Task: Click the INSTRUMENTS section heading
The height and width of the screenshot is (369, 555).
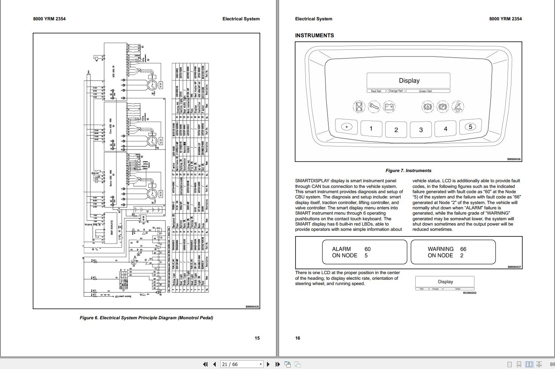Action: click(x=314, y=35)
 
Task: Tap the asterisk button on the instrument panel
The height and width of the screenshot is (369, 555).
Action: click(x=347, y=127)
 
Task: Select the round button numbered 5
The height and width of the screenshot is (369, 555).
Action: click(x=470, y=127)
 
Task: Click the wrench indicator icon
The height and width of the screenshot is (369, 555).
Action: click(x=374, y=107)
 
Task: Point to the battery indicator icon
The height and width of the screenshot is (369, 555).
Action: click(x=389, y=107)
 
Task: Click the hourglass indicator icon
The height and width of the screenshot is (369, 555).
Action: click(x=359, y=107)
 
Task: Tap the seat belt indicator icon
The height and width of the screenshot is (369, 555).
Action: click(x=457, y=107)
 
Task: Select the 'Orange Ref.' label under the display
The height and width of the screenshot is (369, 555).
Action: click(x=395, y=91)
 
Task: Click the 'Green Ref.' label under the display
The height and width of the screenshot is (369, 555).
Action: click(x=425, y=91)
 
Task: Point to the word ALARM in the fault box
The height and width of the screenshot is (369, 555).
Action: click(x=341, y=249)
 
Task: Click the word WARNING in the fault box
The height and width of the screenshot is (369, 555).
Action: click(x=441, y=249)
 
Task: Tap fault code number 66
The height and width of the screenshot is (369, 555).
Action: click(x=463, y=249)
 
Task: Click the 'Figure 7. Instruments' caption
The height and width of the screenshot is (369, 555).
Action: click(x=408, y=171)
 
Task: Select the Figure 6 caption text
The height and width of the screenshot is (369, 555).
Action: click(x=146, y=318)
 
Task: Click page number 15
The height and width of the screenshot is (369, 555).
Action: click(x=257, y=338)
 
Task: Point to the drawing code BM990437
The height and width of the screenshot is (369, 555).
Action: click(x=514, y=267)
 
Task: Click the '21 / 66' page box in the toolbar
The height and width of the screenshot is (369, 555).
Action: click(x=241, y=364)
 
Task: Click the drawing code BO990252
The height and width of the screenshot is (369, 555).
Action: click(x=470, y=293)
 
